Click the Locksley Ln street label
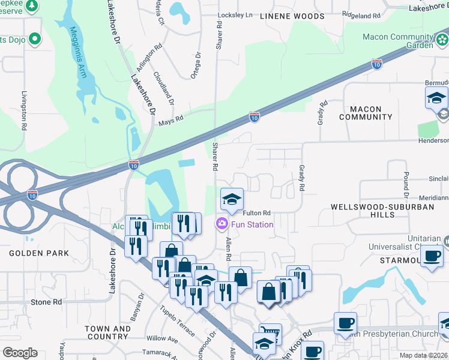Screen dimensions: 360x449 point(237,14)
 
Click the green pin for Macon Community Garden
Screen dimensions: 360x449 point(442,40)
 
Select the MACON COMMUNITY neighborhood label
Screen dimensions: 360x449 point(361,113)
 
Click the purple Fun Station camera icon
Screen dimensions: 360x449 point(221,224)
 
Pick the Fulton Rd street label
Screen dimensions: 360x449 point(257,213)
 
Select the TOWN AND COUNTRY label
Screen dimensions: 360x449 point(107,333)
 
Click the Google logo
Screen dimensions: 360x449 point(19,353)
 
